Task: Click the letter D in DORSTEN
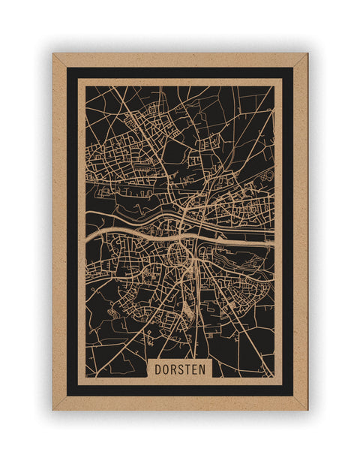point(157,369)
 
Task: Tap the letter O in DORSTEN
point(166,369)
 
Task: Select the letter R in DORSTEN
point(174,369)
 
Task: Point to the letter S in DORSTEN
point(182,369)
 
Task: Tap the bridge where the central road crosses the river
point(185,225)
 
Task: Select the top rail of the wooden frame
point(180,59)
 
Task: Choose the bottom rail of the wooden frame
point(180,403)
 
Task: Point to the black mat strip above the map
point(180,73)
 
